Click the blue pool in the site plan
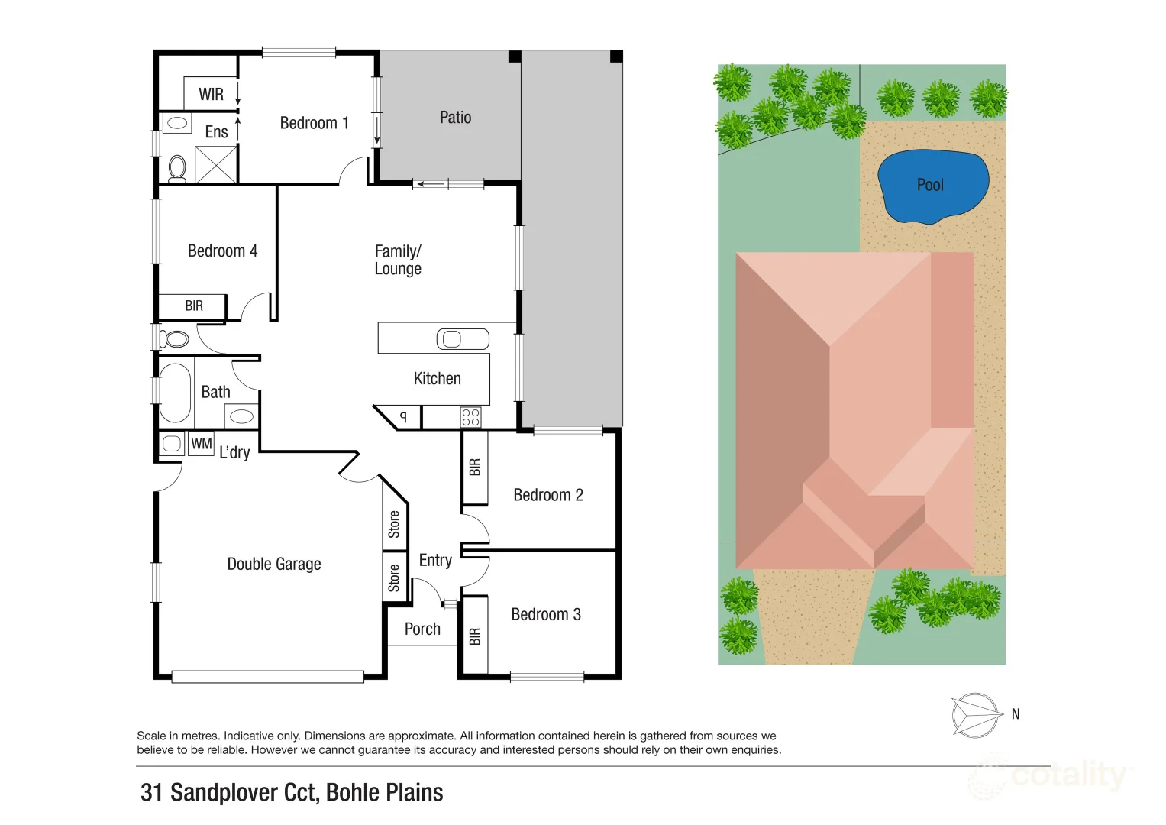[x=932, y=186]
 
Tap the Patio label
[x=455, y=118]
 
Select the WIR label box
[x=211, y=94]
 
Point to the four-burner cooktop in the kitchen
[x=470, y=417]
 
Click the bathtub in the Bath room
[x=175, y=393]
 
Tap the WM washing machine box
[x=202, y=444]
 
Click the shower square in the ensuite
[x=216, y=164]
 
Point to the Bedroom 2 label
[x=548, y=495]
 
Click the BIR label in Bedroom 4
[x=194, y=306]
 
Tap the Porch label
[x=422, y=629]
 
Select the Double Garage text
[x=274, y=564]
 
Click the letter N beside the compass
[x=1016, y=714]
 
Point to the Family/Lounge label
[x=398, y=260]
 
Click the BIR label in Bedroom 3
[x=475, y=636]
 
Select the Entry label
[x=435, y=560]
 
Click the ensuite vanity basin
[x=177, y=122]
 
